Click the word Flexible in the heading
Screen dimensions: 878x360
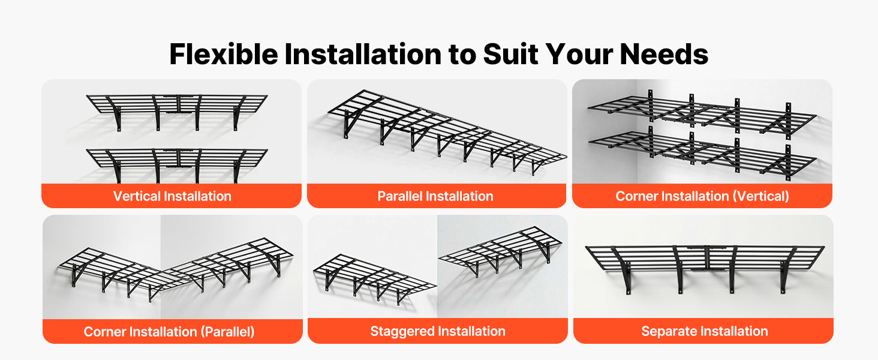[224, 54]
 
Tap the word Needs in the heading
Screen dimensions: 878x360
[664, 54]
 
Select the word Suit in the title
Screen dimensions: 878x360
[511, 54]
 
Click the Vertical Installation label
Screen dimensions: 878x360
[172, 196]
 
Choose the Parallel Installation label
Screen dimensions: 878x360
[435, 196]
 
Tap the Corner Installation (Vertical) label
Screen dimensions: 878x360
[702, 196]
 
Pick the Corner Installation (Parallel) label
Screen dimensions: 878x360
[169, 332]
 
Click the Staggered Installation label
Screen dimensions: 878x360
[437, 331]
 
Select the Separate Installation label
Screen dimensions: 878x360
[704, 331]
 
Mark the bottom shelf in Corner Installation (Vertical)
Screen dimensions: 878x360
[702, 153]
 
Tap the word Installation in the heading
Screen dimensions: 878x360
[363, 54]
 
